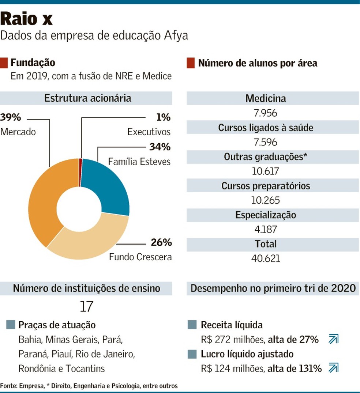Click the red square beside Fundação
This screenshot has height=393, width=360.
[x=4, y=63]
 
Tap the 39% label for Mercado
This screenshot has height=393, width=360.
[x=11, y=117]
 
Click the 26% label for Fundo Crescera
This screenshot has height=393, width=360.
[x=161, y=243]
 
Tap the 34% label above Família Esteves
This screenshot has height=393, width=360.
[x=160, y=147]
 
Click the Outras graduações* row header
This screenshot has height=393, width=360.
[x=266, y=157]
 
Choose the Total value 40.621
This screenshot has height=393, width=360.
[x=266, y=258]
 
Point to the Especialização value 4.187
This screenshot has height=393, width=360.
[x=266, y=230]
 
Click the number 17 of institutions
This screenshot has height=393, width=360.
[x=87, y=307]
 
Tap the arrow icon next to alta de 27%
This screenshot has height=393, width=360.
[x=333, y=340]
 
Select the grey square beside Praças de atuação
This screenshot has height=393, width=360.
[x=11, y=325]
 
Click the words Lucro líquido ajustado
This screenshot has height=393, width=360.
[x=247, y=354]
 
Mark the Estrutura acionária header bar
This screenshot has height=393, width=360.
[x=87, y=98]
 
